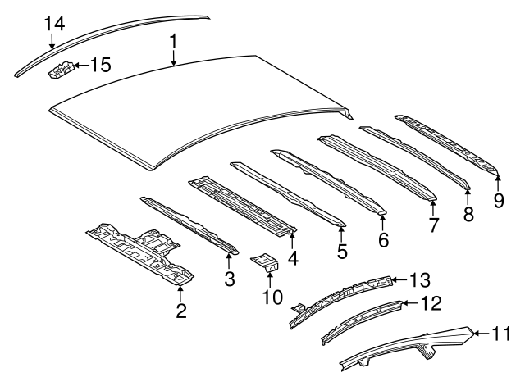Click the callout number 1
tap(173, 39)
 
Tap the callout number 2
tap(181, 311)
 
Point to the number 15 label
tap(99, 65)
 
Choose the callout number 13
tap(419, 280)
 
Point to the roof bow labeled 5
tap(286, 194)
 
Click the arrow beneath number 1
tap(173, 57)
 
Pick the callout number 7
tap(433, 223)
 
